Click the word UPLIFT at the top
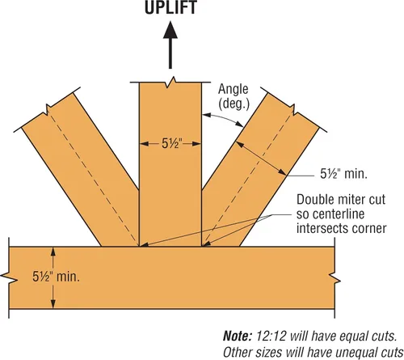(x=170, y=7)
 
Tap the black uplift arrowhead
(x=170, y=30)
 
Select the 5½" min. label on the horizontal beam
(x=56, y=277)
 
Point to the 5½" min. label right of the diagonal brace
(x=343, y=174)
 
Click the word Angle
(x=234, y=89)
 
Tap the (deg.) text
(x=234, y=104)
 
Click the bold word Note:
(x=238, y=337)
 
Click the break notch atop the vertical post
(x=170, y=82)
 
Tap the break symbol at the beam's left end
(x=9, y=277)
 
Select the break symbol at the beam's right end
(x=335, y=278)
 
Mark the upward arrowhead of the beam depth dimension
(x=53, y=252)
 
